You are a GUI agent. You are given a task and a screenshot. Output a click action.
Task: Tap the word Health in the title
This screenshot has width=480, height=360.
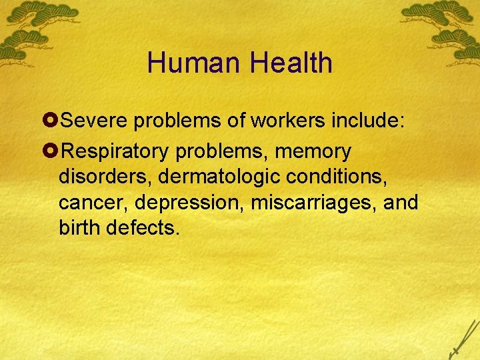pyautogui.click(x=291, y=63)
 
